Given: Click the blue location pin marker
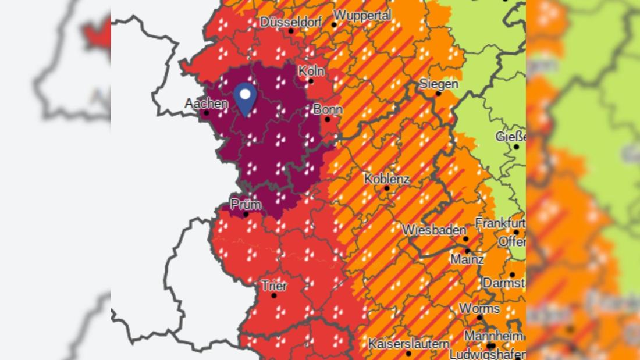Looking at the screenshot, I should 245,98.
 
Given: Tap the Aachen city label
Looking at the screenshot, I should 206,104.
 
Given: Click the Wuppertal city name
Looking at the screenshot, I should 363,15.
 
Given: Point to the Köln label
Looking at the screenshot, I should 311,70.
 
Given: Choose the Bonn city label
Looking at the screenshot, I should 328,109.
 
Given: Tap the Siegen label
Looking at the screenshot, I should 439,84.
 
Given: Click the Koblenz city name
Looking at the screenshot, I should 387,179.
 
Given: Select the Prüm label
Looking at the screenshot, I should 246,205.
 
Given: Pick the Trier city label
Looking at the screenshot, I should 274,286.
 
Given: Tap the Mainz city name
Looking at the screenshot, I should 467,259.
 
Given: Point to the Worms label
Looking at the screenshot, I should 479,308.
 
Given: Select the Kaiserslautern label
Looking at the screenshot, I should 409,343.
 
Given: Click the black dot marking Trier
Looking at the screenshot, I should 273,295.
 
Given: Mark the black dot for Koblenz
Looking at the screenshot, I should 386,188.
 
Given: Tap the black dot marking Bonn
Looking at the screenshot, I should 327,119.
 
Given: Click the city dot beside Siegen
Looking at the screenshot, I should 438,93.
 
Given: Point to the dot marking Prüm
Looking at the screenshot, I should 246,214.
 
